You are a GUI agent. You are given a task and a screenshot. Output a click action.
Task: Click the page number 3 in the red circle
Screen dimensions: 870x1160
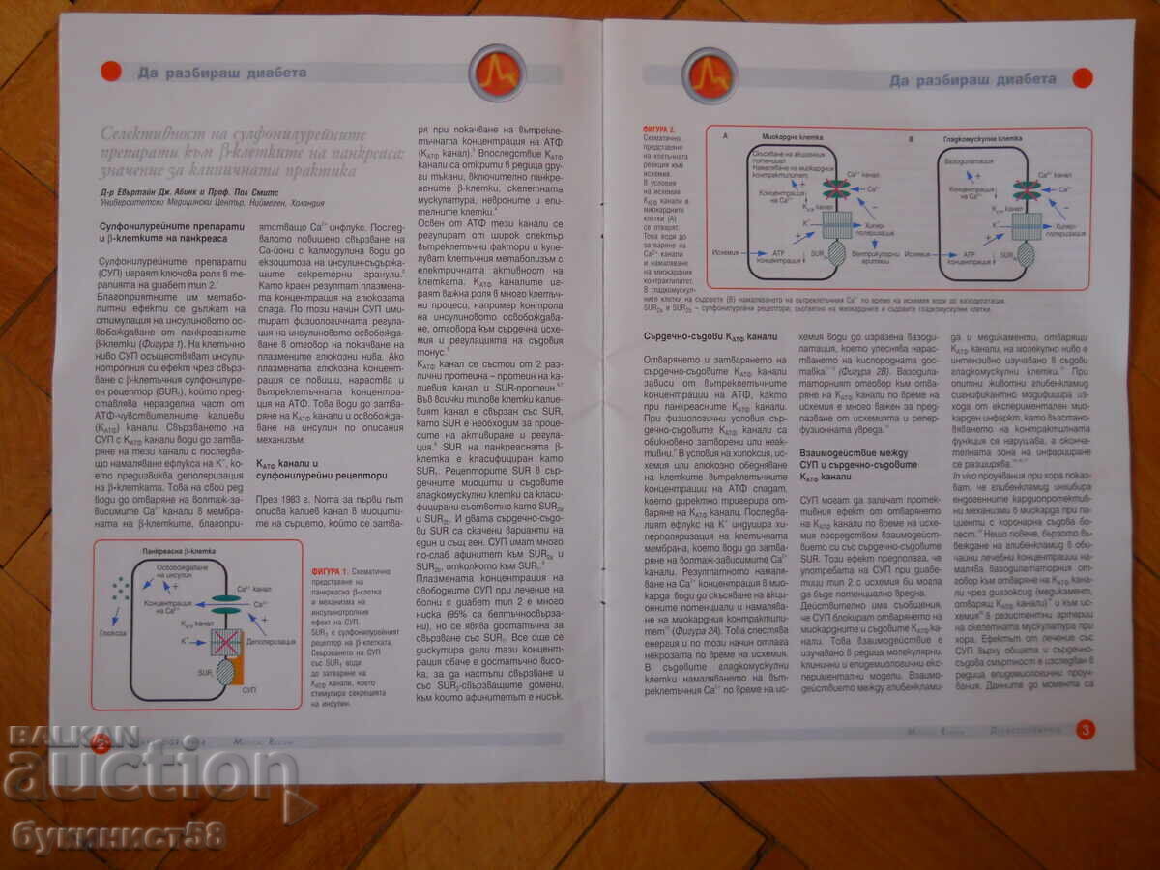(x=1085, y=730)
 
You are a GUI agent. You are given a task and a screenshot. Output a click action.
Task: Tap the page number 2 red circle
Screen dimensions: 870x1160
(x=101, y=742)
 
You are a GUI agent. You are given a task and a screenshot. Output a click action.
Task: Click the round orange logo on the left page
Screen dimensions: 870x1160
(x=497, y=73)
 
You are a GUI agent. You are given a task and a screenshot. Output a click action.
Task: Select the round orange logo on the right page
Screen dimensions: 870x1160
(x=709, y=75)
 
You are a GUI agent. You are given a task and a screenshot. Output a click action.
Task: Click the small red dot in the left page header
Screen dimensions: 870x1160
(x=110, y=71)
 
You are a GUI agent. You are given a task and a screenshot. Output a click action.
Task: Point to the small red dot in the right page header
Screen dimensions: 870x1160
(x=1082, y=78)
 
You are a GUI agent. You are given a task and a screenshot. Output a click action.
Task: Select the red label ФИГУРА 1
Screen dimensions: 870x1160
(x=329, y=572)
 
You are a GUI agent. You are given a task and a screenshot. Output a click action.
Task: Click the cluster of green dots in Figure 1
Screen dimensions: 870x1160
(x=122, y=588)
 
